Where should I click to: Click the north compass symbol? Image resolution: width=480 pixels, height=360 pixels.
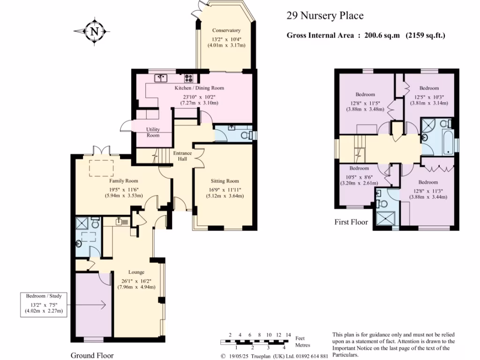click(95, 32)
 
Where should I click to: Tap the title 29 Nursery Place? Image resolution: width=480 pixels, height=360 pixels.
click(325, 16)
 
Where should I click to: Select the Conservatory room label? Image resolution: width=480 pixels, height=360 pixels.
click(226, 30)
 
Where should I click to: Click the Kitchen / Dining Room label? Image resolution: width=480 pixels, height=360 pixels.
click(199, 88)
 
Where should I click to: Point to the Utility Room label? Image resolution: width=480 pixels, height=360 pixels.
click(153, 132)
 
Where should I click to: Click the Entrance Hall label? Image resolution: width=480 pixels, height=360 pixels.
click(182, 156)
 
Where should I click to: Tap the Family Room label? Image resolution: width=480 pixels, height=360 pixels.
click(124, 180)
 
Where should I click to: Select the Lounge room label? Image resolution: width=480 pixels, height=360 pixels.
click(136, 272)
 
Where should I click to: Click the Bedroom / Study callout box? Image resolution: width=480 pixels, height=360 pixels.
click(44, 303)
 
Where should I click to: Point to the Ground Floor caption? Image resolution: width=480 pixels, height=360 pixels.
click(92, 355)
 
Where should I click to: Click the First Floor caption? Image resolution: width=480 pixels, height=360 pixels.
click(352, 222)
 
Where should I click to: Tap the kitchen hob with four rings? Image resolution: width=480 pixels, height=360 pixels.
click(189, 78)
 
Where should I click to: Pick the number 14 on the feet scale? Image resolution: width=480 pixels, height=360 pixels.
click(288, 334)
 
